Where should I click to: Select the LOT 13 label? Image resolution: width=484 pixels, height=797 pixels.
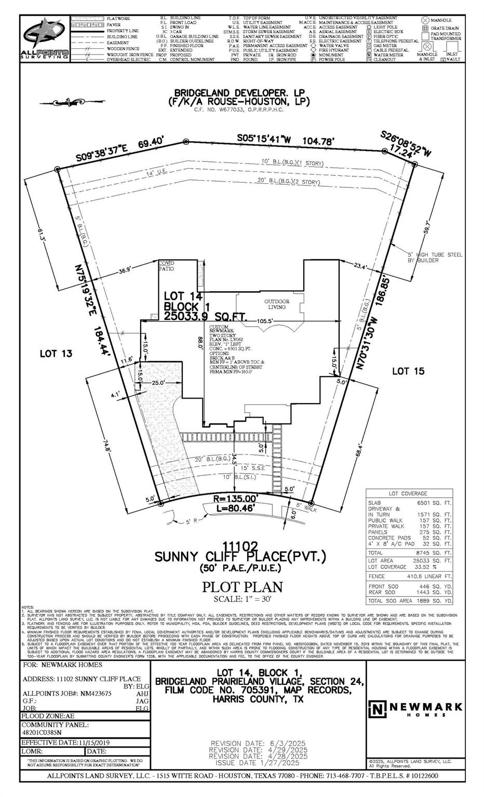coord(56,353)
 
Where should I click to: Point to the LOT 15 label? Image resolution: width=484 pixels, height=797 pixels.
coord(408,370)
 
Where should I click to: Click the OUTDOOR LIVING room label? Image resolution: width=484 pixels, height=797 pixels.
coord(276,304)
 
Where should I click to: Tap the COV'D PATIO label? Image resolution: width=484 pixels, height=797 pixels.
coord(167,266)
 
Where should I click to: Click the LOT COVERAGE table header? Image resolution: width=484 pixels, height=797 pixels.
coord(408,493)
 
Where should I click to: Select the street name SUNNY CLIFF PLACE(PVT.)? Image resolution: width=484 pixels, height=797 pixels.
coord(240,557)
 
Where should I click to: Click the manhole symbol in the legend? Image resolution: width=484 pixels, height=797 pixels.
coord(425,20)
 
